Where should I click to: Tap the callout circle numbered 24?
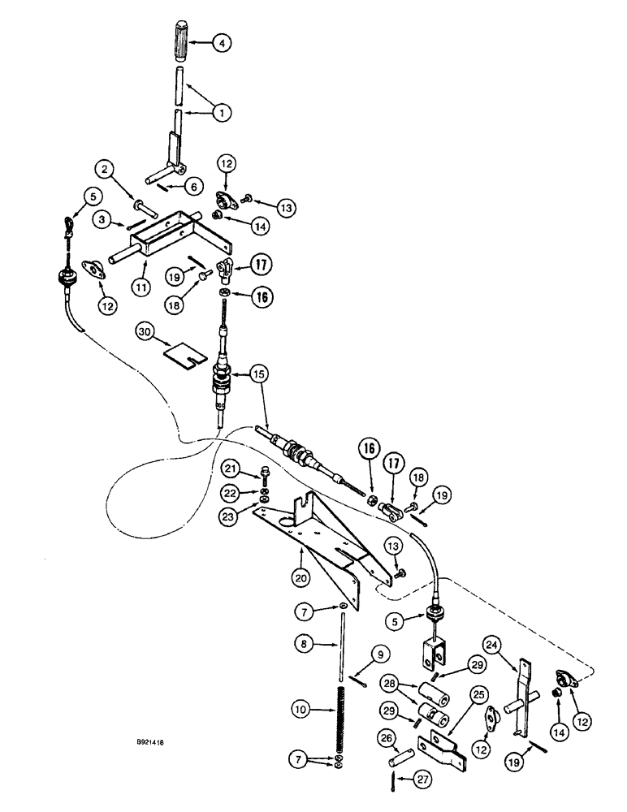tap(512, 646)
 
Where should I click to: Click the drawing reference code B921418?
tap(154, 741)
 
